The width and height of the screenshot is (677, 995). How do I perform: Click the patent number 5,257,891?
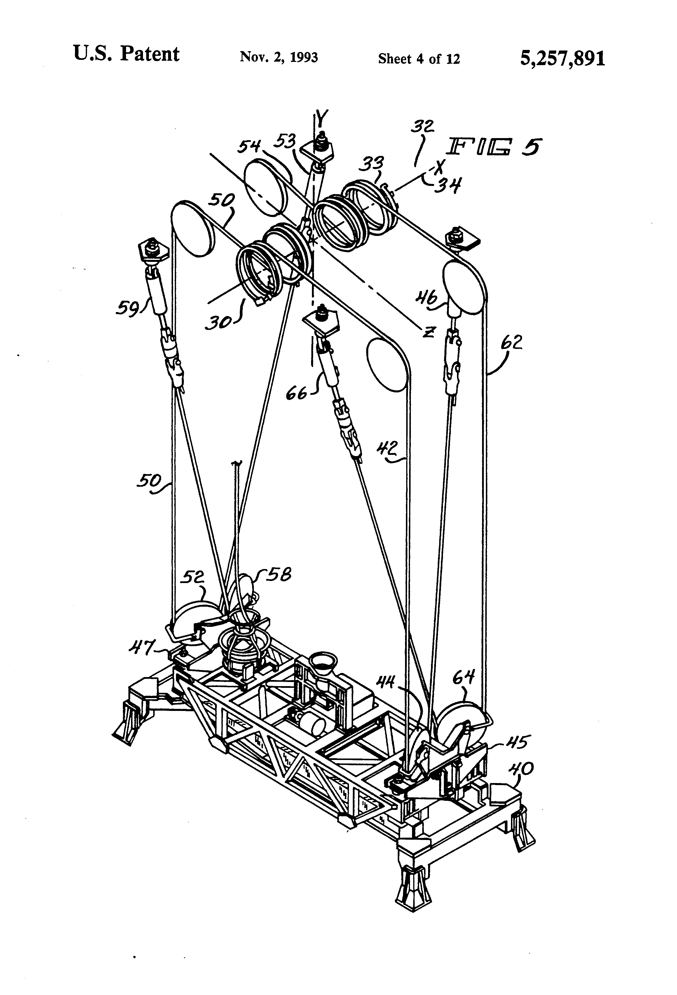(562, 58)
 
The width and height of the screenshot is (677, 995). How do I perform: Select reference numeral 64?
(464, 677)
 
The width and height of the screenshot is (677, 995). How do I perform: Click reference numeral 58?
(279, 574)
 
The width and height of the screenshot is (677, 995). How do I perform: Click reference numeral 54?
(249, 147)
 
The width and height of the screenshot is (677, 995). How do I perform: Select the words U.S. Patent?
(126, 54)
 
